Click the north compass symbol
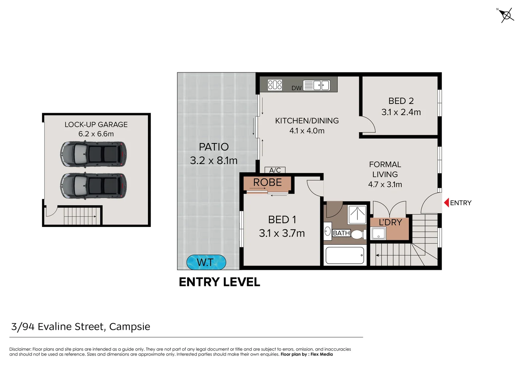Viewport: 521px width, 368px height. (506, 16)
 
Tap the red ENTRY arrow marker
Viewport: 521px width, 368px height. (446, 203)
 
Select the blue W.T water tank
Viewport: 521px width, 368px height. (206, 262)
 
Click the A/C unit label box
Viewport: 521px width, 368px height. (275, 170)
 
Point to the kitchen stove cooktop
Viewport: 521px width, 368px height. (275, 85)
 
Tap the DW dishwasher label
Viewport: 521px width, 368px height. (296, 88)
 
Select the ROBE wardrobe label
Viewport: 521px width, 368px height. (267, 182)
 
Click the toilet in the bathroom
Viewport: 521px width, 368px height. (358, 234)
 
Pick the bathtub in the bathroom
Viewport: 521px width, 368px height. (345, 255)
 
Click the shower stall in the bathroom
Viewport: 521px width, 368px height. (357, 215)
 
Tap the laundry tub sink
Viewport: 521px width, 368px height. (379, 233)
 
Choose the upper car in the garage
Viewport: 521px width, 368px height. (93, 154)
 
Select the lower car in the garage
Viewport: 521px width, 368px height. (93, 186)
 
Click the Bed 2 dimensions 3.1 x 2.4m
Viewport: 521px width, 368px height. (401, 112)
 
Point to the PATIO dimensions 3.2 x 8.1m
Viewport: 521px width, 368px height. (214, 160)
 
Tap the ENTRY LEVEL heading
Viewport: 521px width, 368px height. (219, 282)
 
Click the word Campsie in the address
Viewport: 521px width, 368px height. (130, 327)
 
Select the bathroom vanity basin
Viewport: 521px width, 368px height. (328, 231)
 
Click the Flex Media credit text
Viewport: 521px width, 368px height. (322, 354)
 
